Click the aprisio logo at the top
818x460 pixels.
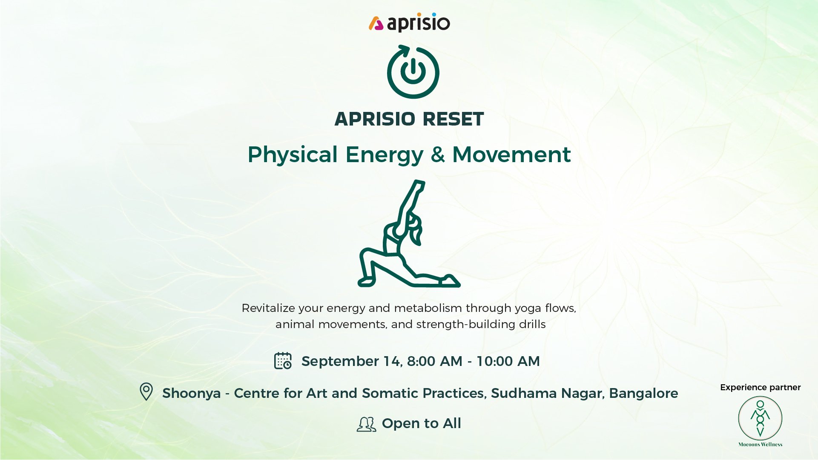coord(409,23)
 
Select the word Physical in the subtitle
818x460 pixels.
coord(293,155)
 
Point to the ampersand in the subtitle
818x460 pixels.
coord(438,154)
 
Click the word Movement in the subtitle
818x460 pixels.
coord(511,154)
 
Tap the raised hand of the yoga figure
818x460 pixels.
coord(419,184)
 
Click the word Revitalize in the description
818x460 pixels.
coord(268,308)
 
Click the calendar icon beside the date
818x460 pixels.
coord(283,360)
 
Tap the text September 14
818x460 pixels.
coord(351,362)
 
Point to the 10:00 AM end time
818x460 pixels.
coord(508,361)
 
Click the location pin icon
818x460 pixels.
coord(146,391)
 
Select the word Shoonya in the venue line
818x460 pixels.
coord(192,394)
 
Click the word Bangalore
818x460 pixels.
coord(643,393)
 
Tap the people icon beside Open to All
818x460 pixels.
coord(366,424)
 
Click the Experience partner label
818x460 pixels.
coord(761,388)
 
